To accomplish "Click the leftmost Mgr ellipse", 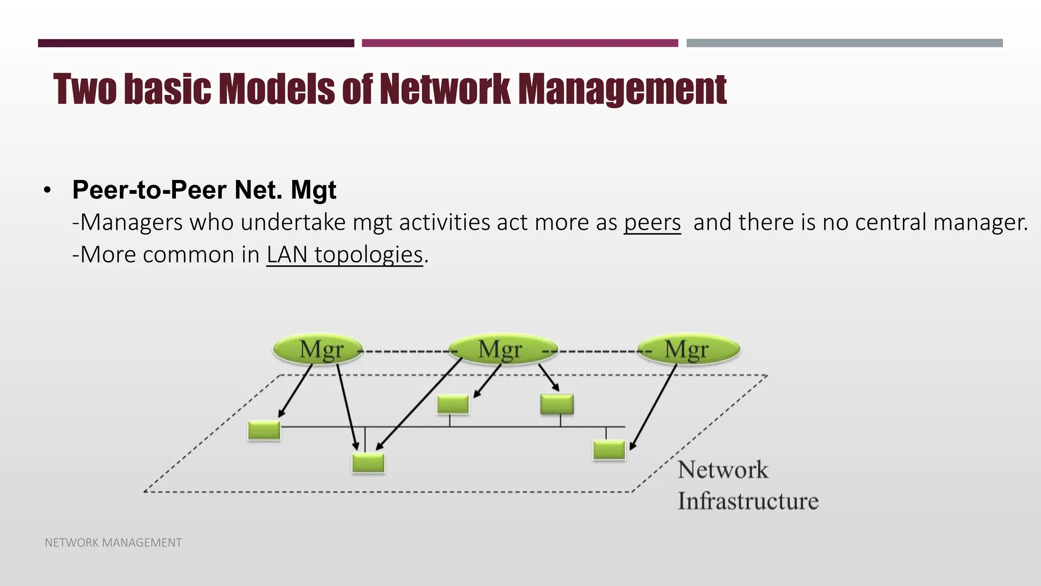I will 318,349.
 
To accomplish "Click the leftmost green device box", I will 264,430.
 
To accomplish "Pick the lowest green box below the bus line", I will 369,463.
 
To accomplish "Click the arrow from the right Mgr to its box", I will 655,407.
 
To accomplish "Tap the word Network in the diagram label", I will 722,470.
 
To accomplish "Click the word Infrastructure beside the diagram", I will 748,501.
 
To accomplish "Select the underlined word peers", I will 652,223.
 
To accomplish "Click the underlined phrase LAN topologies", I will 345,255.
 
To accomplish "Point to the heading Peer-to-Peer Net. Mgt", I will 204,190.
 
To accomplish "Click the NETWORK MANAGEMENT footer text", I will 113,543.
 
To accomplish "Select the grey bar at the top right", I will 844,43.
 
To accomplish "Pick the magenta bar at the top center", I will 519,43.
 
